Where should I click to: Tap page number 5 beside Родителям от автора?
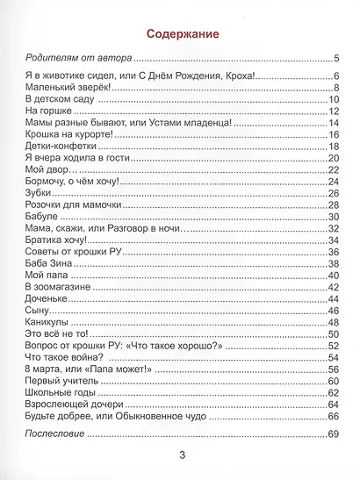(x=335, y=59)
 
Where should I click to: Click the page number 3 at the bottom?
(x=182, y=455)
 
